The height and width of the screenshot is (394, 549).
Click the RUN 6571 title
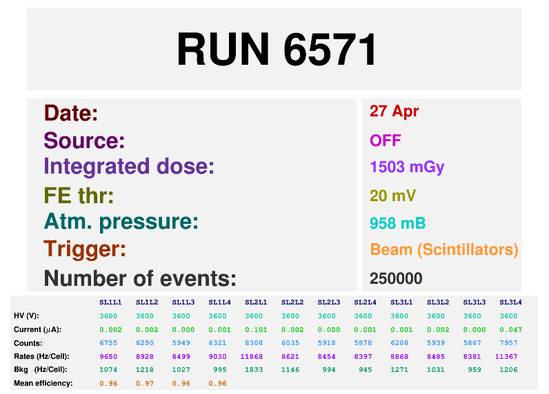click(277, 49)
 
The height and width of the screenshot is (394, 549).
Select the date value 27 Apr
click(394, 112)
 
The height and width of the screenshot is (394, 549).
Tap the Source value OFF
click(385, 141)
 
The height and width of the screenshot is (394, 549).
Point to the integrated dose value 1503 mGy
click(407, 167)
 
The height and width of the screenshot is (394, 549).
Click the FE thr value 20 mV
click(392, 196)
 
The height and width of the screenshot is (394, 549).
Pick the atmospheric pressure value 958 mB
click(397, 223)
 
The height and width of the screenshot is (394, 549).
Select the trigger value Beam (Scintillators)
click(444, 249)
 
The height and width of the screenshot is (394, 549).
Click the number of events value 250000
click(396, 279)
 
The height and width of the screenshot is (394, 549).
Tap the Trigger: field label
click(85, 249)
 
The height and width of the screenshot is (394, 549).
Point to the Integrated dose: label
click(129, 167)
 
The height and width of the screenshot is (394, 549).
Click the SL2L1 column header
click(256, 302)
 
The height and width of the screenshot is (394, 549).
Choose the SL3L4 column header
click(510, 302)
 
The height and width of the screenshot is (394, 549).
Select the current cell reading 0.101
click(256, 330)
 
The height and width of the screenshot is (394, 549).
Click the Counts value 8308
click(254, 343)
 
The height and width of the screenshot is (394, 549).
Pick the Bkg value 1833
click(254, 370)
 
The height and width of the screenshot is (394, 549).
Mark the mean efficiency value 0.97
click(145, 384)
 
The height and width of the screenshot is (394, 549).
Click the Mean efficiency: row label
click(43, 384)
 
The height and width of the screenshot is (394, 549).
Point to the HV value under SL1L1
click(108, 316)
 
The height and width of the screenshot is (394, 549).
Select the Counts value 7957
click(508, 343)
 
